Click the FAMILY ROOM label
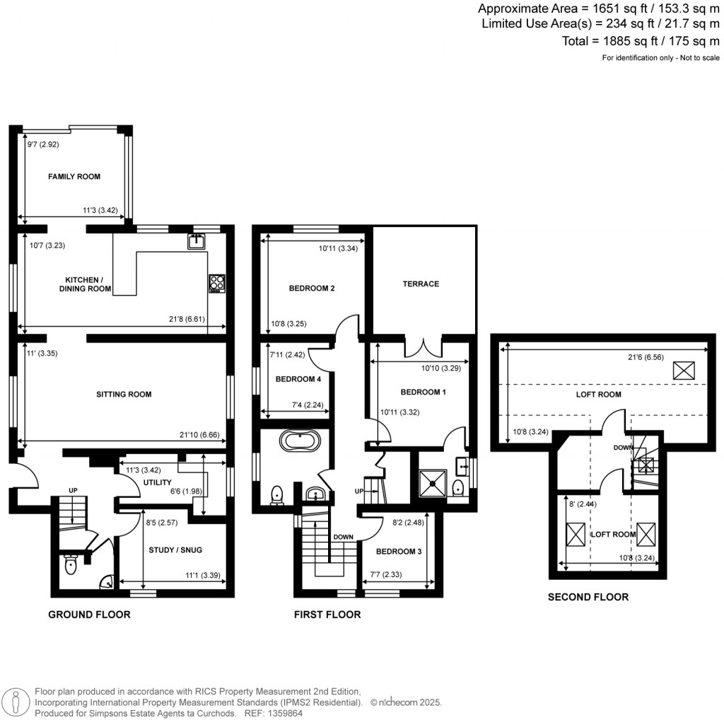(74, 176)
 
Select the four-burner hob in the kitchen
(216, 283)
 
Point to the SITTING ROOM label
(124, 394)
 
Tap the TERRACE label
(421, 284)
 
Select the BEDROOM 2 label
(311, 289)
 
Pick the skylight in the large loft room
(683, 370)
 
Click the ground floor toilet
(70, 566)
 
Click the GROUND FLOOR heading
(89, 615)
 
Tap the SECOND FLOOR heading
(588, 597)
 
